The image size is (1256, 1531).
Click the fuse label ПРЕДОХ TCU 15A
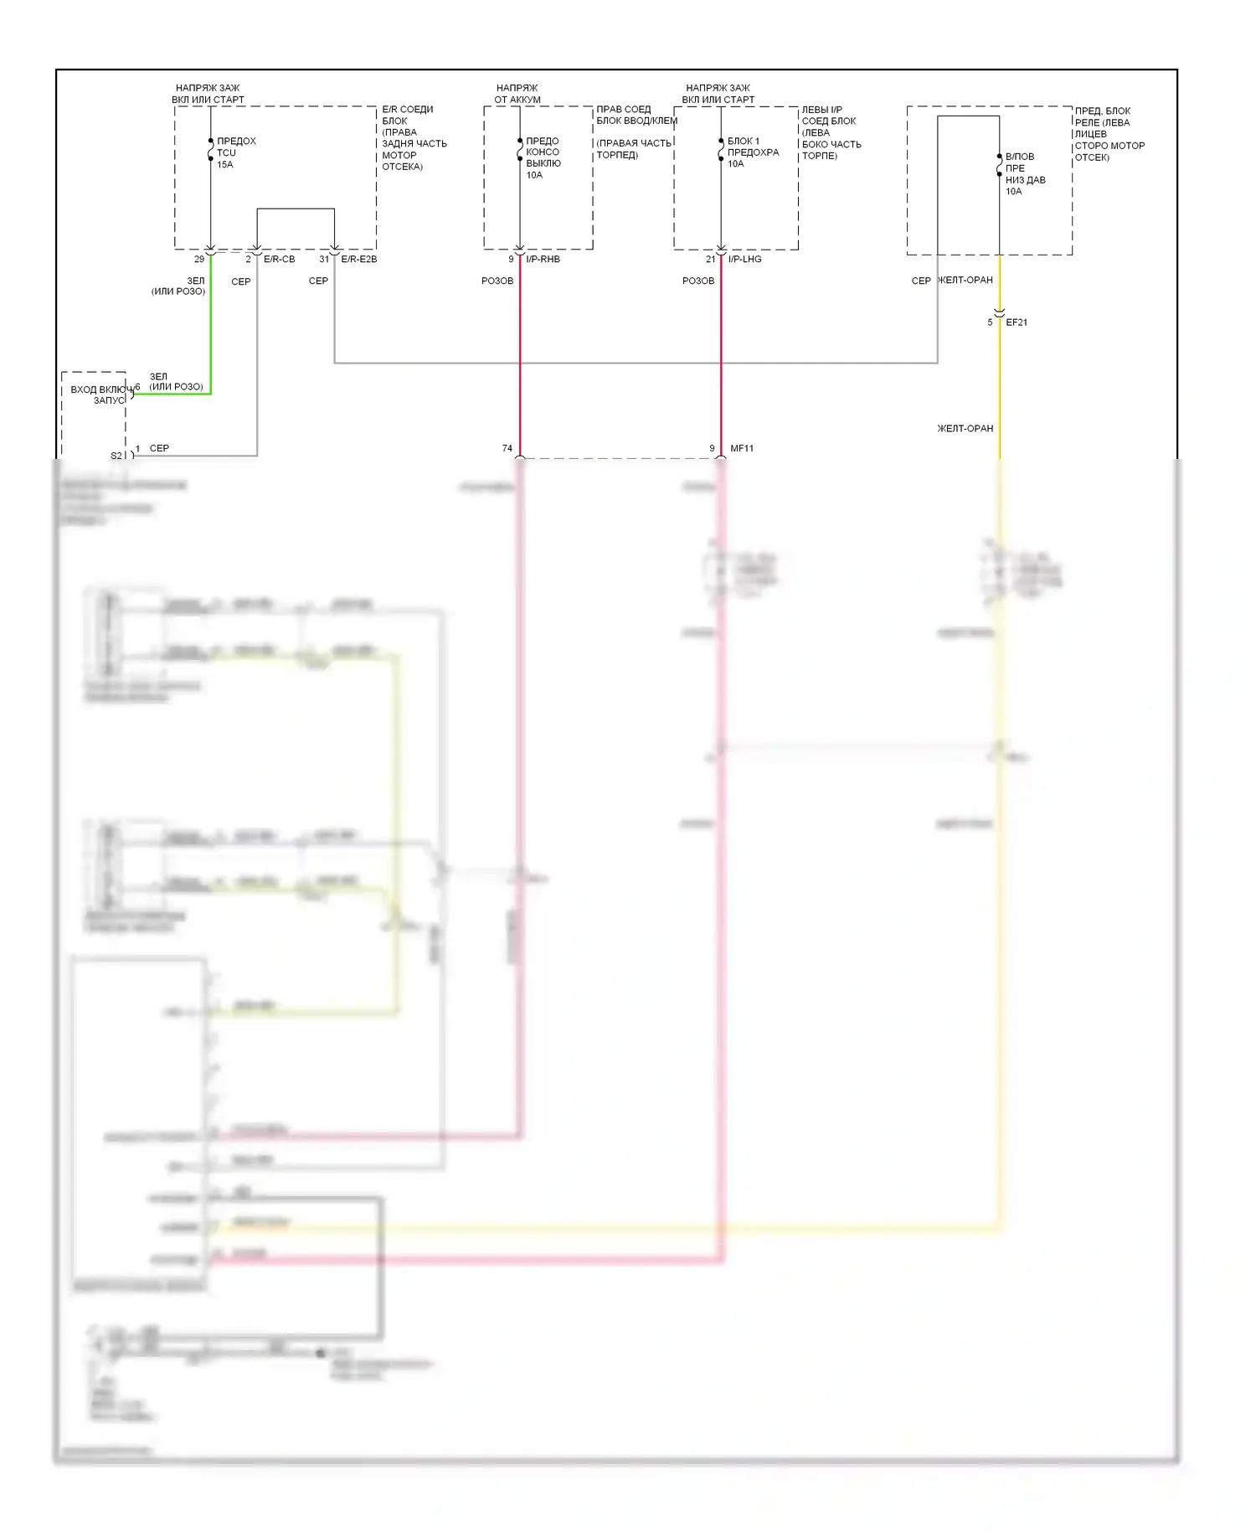235,152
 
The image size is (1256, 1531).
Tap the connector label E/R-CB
279,260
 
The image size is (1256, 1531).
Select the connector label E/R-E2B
358,260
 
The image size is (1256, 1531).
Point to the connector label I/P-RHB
543,260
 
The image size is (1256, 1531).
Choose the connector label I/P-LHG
744,260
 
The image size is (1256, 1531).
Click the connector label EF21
1016,322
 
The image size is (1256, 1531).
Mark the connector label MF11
742,449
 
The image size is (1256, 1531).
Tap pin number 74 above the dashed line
507,449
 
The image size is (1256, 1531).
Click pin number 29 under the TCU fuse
199,260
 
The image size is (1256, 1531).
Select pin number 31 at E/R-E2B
324,260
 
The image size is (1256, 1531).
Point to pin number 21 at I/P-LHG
710,260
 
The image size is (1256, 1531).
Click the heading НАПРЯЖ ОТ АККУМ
517,94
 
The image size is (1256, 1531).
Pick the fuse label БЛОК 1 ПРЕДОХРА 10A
753,152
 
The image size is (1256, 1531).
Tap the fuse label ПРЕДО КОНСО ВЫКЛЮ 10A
543,158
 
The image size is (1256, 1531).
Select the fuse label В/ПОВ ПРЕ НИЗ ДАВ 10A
1025,174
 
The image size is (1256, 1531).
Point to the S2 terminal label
116,456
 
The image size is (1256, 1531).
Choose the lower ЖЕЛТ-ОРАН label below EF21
965,429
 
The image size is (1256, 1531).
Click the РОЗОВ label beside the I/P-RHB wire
497,281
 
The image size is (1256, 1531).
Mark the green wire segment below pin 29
210,327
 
